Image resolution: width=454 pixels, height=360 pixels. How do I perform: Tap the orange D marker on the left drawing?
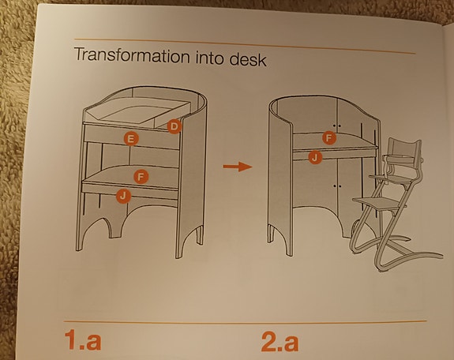174,125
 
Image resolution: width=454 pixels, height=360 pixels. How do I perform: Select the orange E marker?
131,138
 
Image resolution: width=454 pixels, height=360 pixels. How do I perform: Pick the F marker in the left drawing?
140,175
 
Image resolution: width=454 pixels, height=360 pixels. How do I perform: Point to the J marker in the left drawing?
122,195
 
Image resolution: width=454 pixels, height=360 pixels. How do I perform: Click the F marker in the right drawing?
329,138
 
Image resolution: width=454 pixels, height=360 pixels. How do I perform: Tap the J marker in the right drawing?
315,158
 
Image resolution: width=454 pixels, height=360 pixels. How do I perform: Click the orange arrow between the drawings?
235,167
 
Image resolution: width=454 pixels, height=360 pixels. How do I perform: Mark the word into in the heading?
207,58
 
